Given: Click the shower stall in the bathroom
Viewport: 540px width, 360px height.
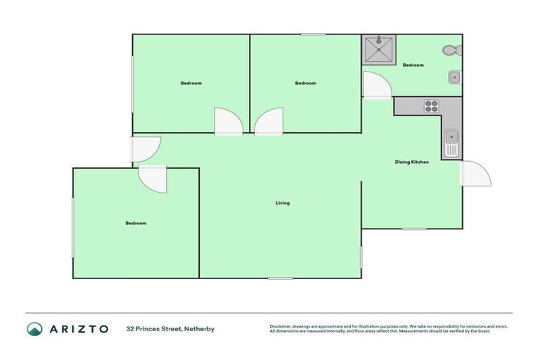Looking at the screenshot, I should [378, 49].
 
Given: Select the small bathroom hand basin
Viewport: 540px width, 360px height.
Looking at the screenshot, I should [454, 77].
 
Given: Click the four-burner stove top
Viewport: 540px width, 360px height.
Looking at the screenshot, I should [430, 106].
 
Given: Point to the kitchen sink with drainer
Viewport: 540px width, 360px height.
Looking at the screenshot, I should [451, 143].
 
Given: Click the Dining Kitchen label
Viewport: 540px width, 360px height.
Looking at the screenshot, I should [411, 162].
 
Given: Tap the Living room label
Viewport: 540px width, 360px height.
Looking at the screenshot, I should [282, 203].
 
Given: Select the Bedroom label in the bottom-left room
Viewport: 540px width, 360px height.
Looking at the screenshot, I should [136, 223].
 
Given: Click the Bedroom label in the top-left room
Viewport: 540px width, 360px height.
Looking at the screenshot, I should [191, 83].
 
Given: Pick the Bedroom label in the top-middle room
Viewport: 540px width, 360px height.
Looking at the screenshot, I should [305, 83].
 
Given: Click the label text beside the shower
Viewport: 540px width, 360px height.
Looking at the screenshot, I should [413, 65].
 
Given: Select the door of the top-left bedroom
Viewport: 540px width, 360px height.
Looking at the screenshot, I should [229, 121].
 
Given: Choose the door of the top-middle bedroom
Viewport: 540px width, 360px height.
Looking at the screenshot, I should [269, 121].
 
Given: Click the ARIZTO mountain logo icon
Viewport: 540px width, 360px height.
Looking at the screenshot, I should [34, 328].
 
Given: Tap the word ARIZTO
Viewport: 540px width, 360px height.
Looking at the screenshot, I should [78, 328].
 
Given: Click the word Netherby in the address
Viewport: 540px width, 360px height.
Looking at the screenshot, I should [200, 328].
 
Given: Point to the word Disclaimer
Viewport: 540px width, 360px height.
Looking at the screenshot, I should [281, 326].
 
